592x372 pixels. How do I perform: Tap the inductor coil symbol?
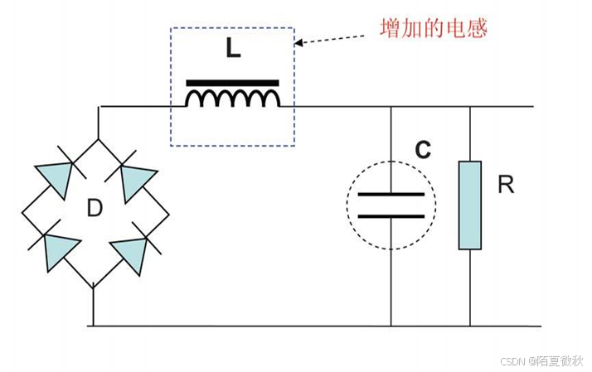232,99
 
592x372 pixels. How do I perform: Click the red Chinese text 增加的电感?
433,28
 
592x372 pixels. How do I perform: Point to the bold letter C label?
423,150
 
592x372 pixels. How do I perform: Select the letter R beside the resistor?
506,185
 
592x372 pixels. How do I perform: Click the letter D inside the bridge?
95,208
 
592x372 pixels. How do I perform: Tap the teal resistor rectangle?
469,205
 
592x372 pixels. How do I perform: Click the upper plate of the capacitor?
391,195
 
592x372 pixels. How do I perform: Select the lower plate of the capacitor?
391,215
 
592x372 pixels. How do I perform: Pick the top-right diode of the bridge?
138,180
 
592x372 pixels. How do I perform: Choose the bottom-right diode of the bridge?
133,249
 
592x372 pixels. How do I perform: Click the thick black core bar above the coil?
232,83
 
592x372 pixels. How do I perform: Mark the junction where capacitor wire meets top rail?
391,107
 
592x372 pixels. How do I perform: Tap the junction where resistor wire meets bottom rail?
469,326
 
